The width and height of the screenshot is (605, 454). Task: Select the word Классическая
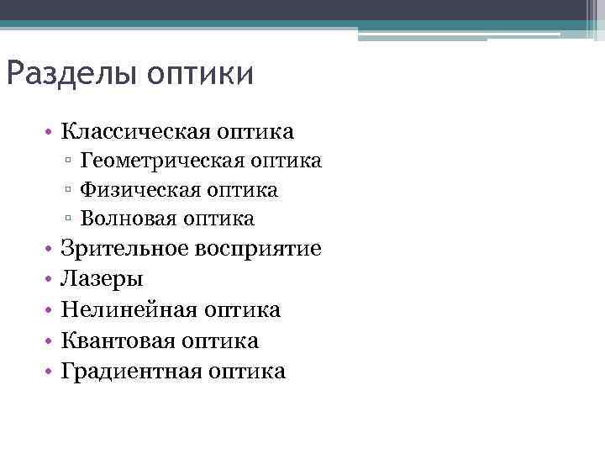click(x=136, y=132)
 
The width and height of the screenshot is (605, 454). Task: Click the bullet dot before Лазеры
click(x=51, y=279)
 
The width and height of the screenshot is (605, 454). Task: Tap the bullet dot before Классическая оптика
click(x=51, y=132)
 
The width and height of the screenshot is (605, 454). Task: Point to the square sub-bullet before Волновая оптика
click(x=67, y=219)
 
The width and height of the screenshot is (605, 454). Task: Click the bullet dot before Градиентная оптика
click(x=51, y=371)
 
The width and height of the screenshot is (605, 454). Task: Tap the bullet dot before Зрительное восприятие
click(x=51, y=249)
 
